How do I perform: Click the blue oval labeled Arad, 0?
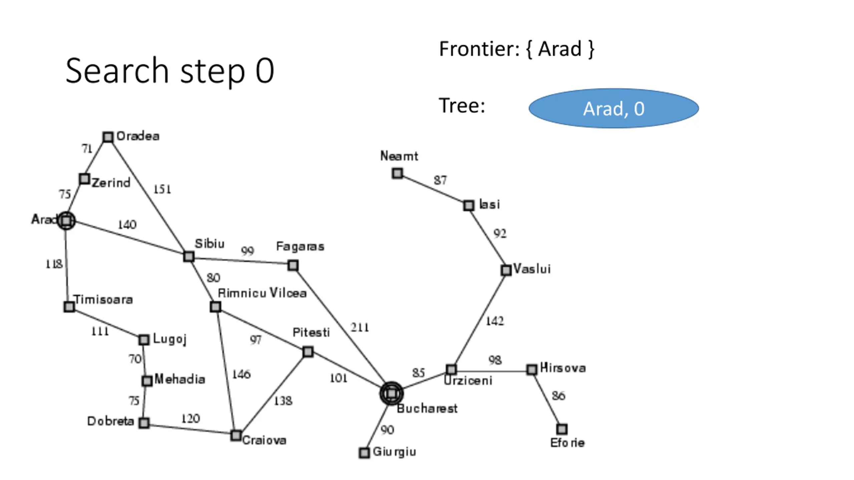coord(613,108)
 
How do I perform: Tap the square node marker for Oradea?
coord(108,137)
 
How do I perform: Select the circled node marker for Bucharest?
coord(391,394)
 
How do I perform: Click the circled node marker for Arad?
coord(66,221)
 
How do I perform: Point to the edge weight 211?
coord(360,327)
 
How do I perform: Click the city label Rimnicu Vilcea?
coord(262,293)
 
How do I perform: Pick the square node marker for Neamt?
coord(397,173)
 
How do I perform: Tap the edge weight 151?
coord(162,189)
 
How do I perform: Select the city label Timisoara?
coord(103,299)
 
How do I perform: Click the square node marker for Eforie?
coord(562,429)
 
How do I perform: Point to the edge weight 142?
coord(495,321)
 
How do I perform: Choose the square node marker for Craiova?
coord(236,435)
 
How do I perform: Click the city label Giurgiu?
coord(394,452)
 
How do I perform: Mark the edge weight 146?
coord(241,374)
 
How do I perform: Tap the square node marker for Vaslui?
coord(506,270)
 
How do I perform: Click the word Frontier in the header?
coord(479,49)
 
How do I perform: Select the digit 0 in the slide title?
coord(265,71)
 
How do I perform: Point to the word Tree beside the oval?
coord(461,106)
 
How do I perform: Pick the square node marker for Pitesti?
coord(308,352)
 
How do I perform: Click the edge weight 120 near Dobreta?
coord(190,418)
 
